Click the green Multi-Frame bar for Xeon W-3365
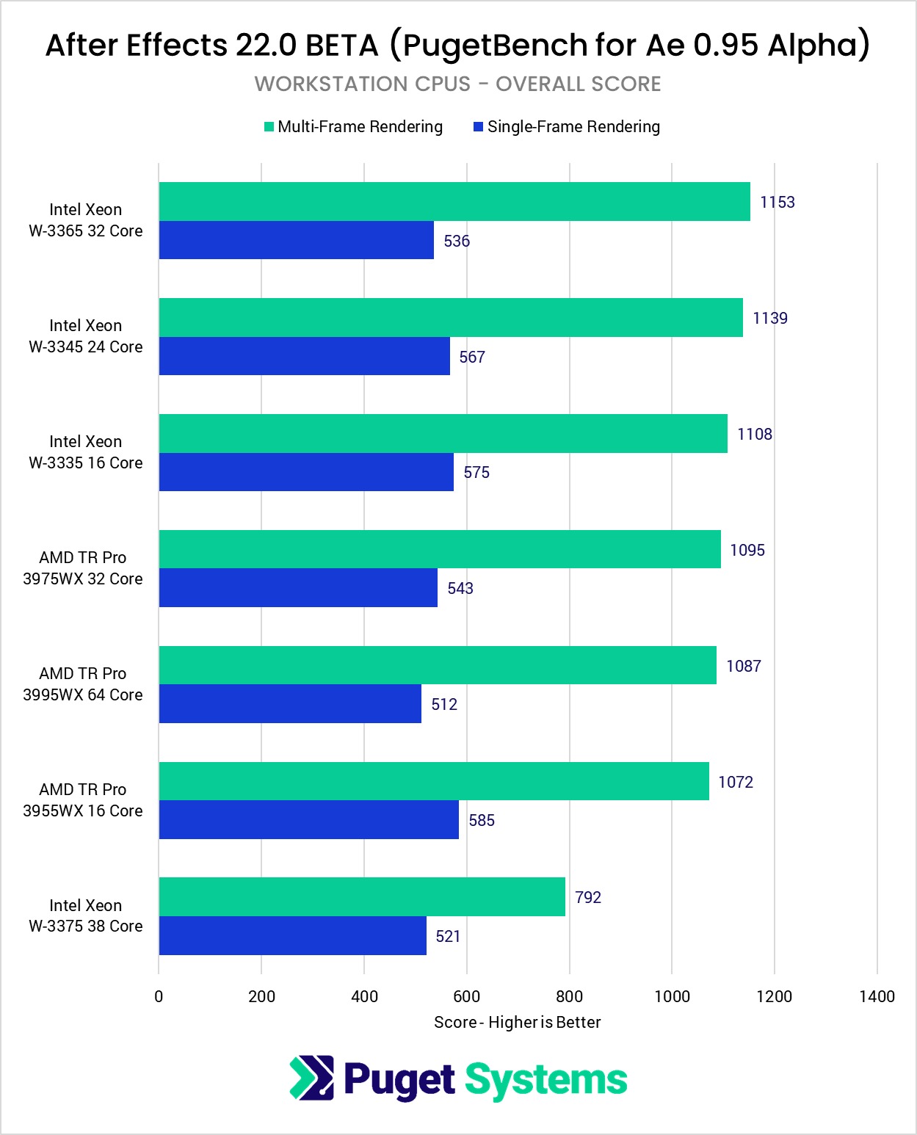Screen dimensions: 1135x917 tap(454, 202)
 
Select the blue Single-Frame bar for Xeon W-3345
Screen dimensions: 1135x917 tap(305, 356)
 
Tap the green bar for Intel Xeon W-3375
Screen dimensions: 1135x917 tap(362, 897)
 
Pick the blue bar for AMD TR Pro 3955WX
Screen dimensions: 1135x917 tap(309, 819)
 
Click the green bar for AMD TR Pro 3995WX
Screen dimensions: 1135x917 tap(438, 665)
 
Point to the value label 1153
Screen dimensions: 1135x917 tap(777, 202)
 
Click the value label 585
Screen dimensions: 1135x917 tap(482, 820)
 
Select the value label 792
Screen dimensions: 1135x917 tap(588, 897)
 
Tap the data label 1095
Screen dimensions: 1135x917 tap(747, 550)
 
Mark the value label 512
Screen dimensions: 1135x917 tap(444, 704)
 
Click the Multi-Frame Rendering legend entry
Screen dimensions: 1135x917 tap(353, 127)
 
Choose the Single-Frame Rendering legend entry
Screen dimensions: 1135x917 tap(567, 127)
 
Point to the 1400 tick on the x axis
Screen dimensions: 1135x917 tap(877, 996)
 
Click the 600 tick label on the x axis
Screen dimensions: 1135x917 tap(466, 996)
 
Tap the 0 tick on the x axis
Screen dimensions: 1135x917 tap(159, 996)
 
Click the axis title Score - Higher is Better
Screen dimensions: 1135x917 tap(517, 1022)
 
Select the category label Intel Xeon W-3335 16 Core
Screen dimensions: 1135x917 tap(86, 452)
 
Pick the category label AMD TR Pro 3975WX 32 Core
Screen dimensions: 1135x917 tap(83, 568)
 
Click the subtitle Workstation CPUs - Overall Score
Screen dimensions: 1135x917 tap(458, 84)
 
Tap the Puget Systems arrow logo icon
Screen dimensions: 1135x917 tap(312, 1078)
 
